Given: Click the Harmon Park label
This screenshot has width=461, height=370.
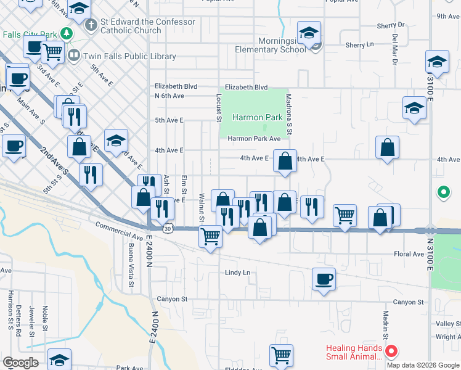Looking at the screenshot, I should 257,117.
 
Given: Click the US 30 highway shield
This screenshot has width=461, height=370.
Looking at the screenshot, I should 167,228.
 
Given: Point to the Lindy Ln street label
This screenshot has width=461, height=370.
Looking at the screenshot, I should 237,272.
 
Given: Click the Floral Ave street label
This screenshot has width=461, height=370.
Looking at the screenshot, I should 409,254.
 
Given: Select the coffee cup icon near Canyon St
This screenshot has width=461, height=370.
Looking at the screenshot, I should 324,279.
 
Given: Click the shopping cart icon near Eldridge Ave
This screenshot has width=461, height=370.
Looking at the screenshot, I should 281,355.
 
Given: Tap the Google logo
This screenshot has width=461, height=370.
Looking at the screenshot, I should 20,363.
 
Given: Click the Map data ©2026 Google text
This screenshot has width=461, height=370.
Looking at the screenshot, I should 423,365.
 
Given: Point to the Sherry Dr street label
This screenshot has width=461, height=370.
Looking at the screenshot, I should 392,25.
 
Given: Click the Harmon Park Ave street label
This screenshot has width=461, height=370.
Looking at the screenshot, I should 254,139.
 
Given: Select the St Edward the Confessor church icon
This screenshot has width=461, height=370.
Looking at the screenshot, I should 91,25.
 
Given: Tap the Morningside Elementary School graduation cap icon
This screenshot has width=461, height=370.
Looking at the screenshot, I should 309,32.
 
